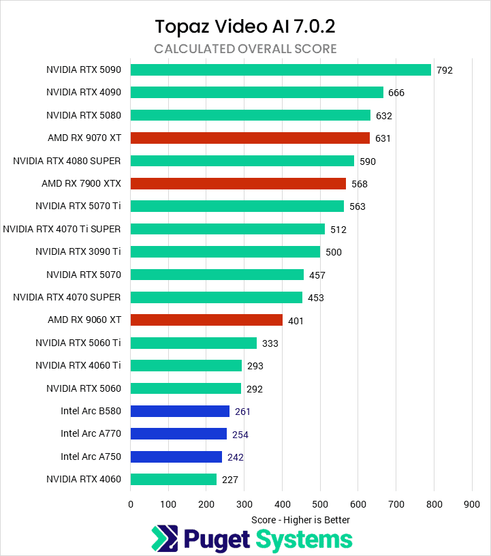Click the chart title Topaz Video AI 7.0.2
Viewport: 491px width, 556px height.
[245, 26]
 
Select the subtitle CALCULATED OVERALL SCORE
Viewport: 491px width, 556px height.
[245, 49]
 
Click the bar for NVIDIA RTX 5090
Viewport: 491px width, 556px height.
[281, 69]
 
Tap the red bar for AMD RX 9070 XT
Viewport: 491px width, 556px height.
[250, 138]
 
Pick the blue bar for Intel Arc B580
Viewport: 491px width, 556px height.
[180, 412]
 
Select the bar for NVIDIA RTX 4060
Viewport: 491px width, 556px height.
[174, 480]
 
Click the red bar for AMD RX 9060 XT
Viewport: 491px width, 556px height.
[206, 320]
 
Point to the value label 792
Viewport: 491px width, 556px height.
[445, 70]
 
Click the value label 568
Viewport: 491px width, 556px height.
[360, 184]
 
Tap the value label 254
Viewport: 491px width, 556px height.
[240, 435]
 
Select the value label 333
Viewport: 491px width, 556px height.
[270, 343]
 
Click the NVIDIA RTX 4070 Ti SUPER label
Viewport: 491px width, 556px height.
[62, 229]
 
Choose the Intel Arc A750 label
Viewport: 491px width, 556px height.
[91, 457]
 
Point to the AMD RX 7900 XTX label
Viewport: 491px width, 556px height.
[81, 183]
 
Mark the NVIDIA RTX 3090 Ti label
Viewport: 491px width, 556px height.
[78, 251]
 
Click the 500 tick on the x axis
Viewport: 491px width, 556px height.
[320, 505]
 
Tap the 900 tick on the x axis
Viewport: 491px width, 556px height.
[472, 505]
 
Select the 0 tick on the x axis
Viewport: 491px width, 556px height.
[131, 505]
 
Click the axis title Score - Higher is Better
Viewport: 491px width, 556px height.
[300, 520]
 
